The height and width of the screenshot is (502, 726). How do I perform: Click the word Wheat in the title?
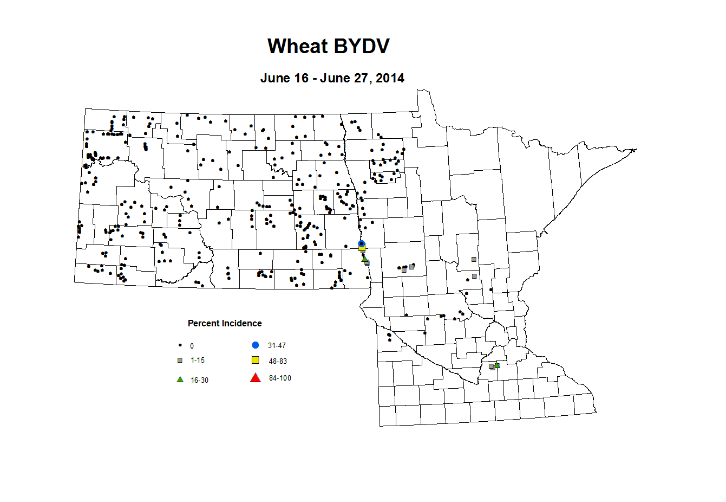pyautogui.click(x=297, y=46)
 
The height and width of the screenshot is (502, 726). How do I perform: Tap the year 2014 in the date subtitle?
pyautogui.click(x=390, y=78)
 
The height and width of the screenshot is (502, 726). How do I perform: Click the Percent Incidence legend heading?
pyautogui.click(x=225, y=323)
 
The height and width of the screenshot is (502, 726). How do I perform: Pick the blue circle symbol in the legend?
pyautogui.click(x=256, y=345)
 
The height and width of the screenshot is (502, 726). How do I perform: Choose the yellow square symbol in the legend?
pyautogui.click(x=256, y=360)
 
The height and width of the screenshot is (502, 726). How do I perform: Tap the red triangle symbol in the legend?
pyautogui.click(x=256, y=378)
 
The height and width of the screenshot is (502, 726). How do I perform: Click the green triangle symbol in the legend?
pyautogui.click(x=180, y=379)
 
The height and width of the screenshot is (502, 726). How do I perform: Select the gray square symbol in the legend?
pyautogui.click(x=180, y=360)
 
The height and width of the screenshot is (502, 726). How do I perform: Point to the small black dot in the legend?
pyautogui.click(x=180, y=345)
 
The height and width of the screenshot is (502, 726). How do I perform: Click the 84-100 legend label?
pyautogui.click(x=280, y=378)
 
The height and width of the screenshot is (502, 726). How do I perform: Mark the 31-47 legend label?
pyautogui.click(x=277, y=345)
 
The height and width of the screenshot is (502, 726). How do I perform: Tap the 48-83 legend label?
pyautogui.click(x=278, y=361)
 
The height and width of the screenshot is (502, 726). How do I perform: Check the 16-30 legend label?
pyautogui.click(x=199, y=380)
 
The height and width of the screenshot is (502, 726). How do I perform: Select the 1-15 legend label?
pyautogui.click(x=198, y=360)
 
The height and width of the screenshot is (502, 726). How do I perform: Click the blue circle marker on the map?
pyautogui.click(x=362, y=243)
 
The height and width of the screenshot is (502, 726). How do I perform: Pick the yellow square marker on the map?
pyautogui.click(x=362, y=249)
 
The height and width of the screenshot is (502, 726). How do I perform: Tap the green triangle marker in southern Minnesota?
pyautogui.click(x=497, y=365)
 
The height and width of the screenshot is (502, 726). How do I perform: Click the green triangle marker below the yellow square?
pyautogui.click(x=364, y=258)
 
